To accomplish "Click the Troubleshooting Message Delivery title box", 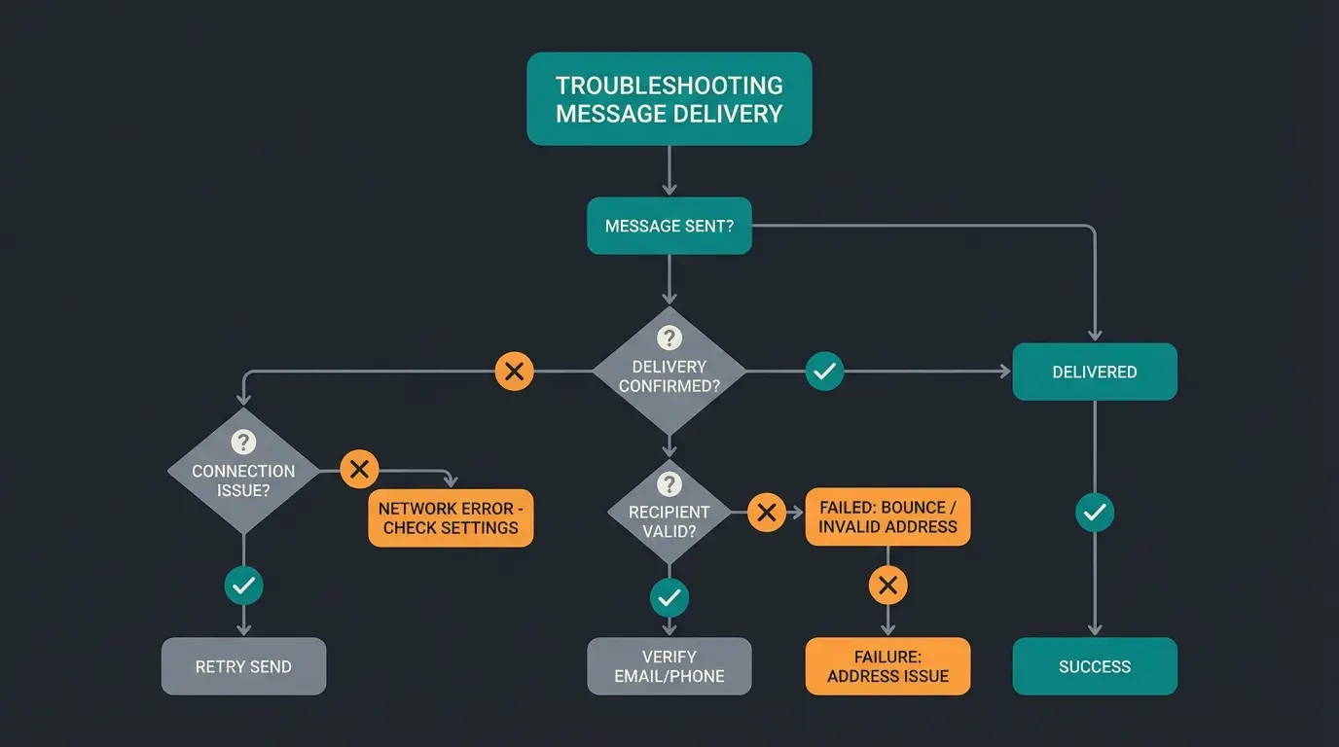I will coord(669,99).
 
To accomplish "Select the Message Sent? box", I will coord(669,226).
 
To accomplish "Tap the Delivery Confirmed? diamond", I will coord(669,374).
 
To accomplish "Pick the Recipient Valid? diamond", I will coord(669,516).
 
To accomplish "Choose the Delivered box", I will coord(1094,372).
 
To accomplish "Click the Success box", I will coord(1094,666).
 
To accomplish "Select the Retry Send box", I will coord(243,666).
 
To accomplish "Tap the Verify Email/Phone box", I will coord(669,666).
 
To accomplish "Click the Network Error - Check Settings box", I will coord(451,517).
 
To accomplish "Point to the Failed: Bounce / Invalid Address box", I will coord(887,516).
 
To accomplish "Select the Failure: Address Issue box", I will coord(887,666).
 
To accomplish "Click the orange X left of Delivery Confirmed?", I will coord(515,371).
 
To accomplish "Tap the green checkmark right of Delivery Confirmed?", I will coord(824,371).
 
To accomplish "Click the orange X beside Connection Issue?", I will coord(359,470).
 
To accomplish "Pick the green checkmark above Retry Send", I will coord(243,586).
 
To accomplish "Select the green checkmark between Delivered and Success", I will coord(1094,512).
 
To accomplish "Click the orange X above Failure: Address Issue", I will coord(887,586).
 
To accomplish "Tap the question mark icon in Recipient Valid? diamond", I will coord(669,484).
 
